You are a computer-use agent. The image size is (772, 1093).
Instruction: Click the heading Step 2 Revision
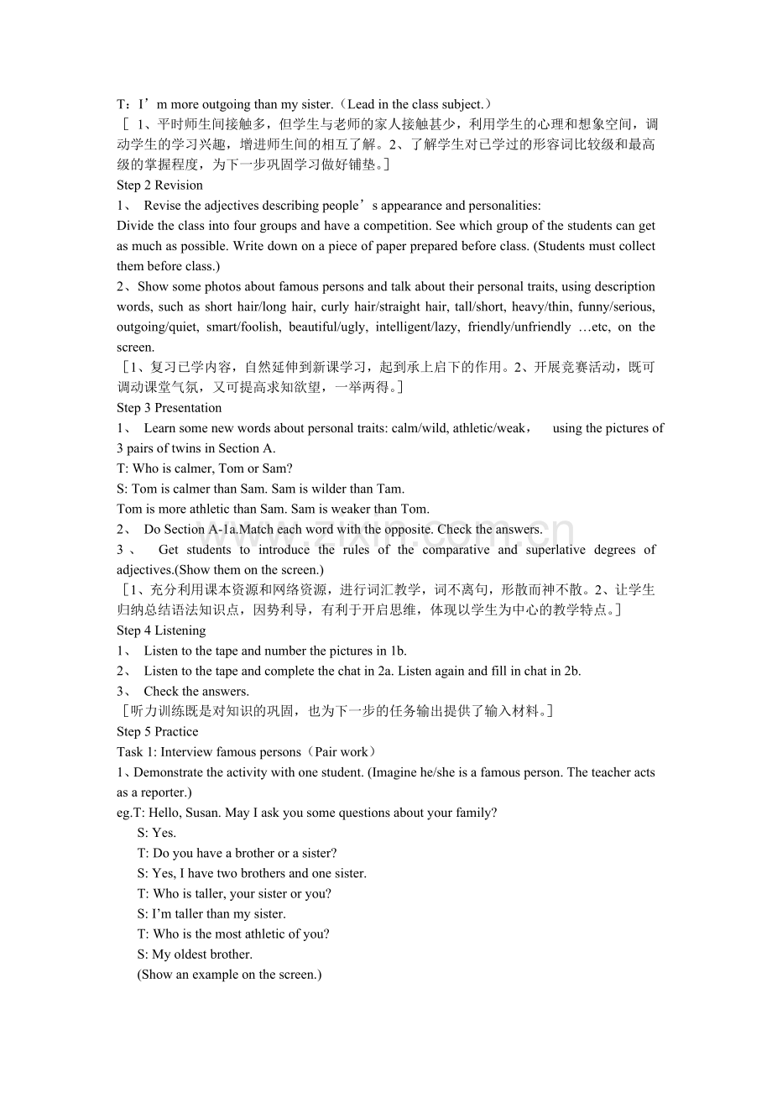click(159, 186)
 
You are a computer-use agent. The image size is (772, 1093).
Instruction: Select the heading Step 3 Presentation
click(169, 408)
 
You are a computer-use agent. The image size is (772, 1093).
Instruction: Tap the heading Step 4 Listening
click(161, 630)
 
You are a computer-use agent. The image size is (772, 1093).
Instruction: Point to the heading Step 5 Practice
click(158, 732)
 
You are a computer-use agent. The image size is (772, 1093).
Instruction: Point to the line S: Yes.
click(157, 833)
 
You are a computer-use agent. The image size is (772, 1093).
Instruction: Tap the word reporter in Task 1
click(164, 792)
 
